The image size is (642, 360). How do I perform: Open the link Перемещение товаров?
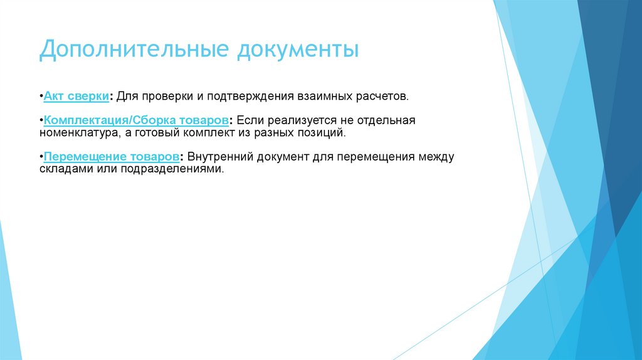tap(112, 157)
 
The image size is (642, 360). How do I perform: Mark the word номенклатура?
tap(75, 133)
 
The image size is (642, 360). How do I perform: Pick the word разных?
tap(278, 133)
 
